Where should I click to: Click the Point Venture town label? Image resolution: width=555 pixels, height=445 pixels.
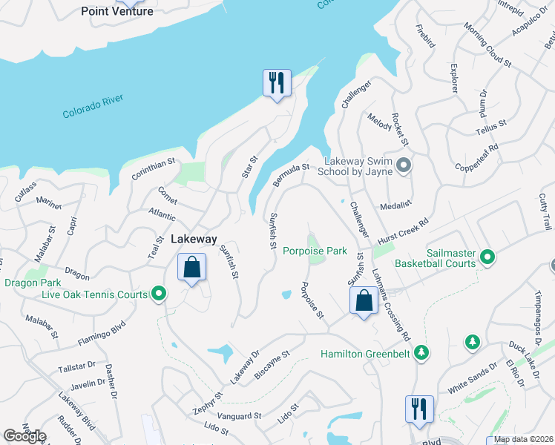(116, 11)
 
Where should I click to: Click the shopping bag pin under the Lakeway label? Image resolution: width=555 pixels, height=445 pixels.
(191, 267)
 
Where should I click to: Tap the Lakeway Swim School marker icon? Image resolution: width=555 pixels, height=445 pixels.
(404, 165)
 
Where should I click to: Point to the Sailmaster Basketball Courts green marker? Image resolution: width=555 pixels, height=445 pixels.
(487, 257)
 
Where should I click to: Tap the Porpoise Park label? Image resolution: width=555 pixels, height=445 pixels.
(315, 251)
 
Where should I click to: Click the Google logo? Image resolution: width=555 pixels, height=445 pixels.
(24, 436)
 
